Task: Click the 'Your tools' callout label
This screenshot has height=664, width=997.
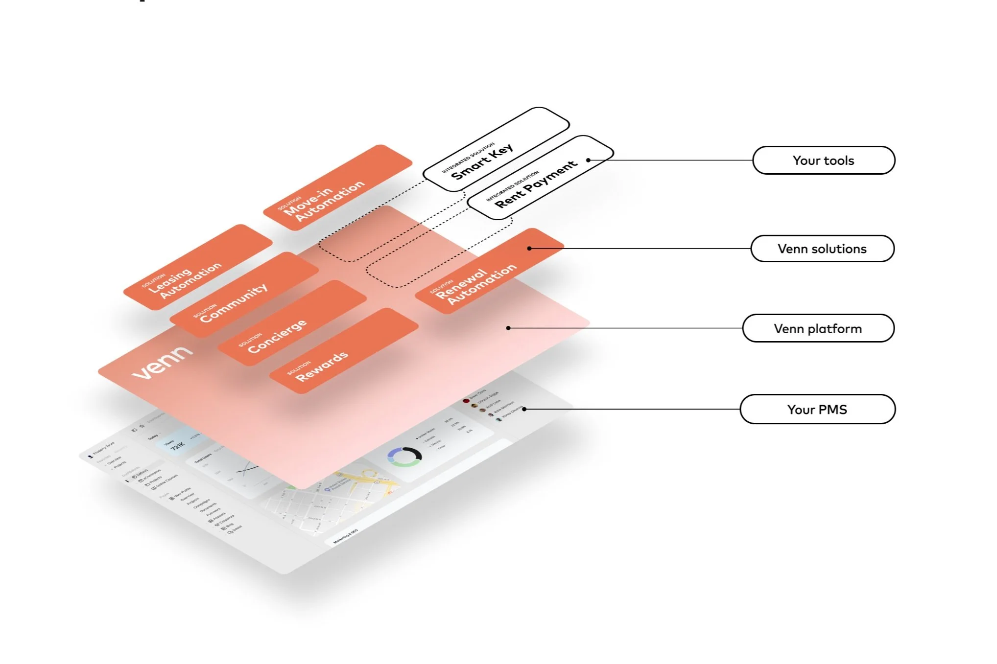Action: [823, 160]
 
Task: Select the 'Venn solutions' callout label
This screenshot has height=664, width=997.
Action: [822, 249]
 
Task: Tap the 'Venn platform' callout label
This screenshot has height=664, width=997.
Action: [818, 328]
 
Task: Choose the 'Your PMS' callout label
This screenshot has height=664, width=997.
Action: [817, 410]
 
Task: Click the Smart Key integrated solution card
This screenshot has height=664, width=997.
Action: [495, 150]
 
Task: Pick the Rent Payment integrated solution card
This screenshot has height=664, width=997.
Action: [539, 179]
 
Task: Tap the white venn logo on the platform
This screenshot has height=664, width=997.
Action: [162, 363]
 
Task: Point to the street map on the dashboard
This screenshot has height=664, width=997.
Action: [333, 499]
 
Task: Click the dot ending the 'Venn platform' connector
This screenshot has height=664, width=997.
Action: [508, 328]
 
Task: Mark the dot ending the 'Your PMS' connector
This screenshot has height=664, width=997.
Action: [524, 409]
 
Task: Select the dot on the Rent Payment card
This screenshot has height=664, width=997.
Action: [588, 160]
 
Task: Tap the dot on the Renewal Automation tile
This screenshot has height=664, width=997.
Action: [529, 249]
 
